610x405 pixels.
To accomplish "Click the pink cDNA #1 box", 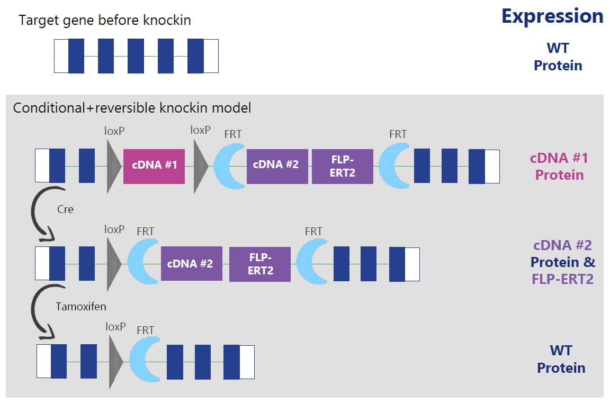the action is pos(154,166).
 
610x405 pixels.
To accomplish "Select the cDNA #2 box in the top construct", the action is pos(277,166).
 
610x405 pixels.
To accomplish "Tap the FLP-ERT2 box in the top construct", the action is pos(343,166).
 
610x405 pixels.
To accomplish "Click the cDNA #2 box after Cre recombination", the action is pos(191,264).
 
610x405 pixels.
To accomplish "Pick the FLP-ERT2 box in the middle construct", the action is pos(260,264).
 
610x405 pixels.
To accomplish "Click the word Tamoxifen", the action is pos(81,307).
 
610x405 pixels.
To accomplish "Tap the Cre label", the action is pos(65,209).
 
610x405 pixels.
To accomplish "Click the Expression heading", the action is pos(552,16).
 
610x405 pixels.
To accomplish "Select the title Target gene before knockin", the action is pos(105,20).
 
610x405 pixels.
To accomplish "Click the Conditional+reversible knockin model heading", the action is pos(132,108).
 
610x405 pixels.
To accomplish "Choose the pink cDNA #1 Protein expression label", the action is pos(559,167).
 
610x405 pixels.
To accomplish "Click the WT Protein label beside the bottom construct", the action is pos(561,359).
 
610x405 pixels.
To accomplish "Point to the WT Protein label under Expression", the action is pos(558,57).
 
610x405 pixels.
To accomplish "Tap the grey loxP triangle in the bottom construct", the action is pos(115,362).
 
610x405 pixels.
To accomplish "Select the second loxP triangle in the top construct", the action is pos(200,166).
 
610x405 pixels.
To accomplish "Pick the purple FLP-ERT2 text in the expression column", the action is pos(562,279).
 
